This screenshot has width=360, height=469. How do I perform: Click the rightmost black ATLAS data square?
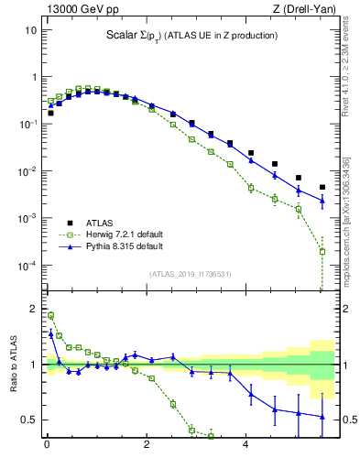click(x=322, y=187)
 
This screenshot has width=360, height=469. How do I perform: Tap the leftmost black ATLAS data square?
click(x=50, y=113)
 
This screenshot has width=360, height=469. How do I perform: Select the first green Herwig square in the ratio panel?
click(x=50, y=315)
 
